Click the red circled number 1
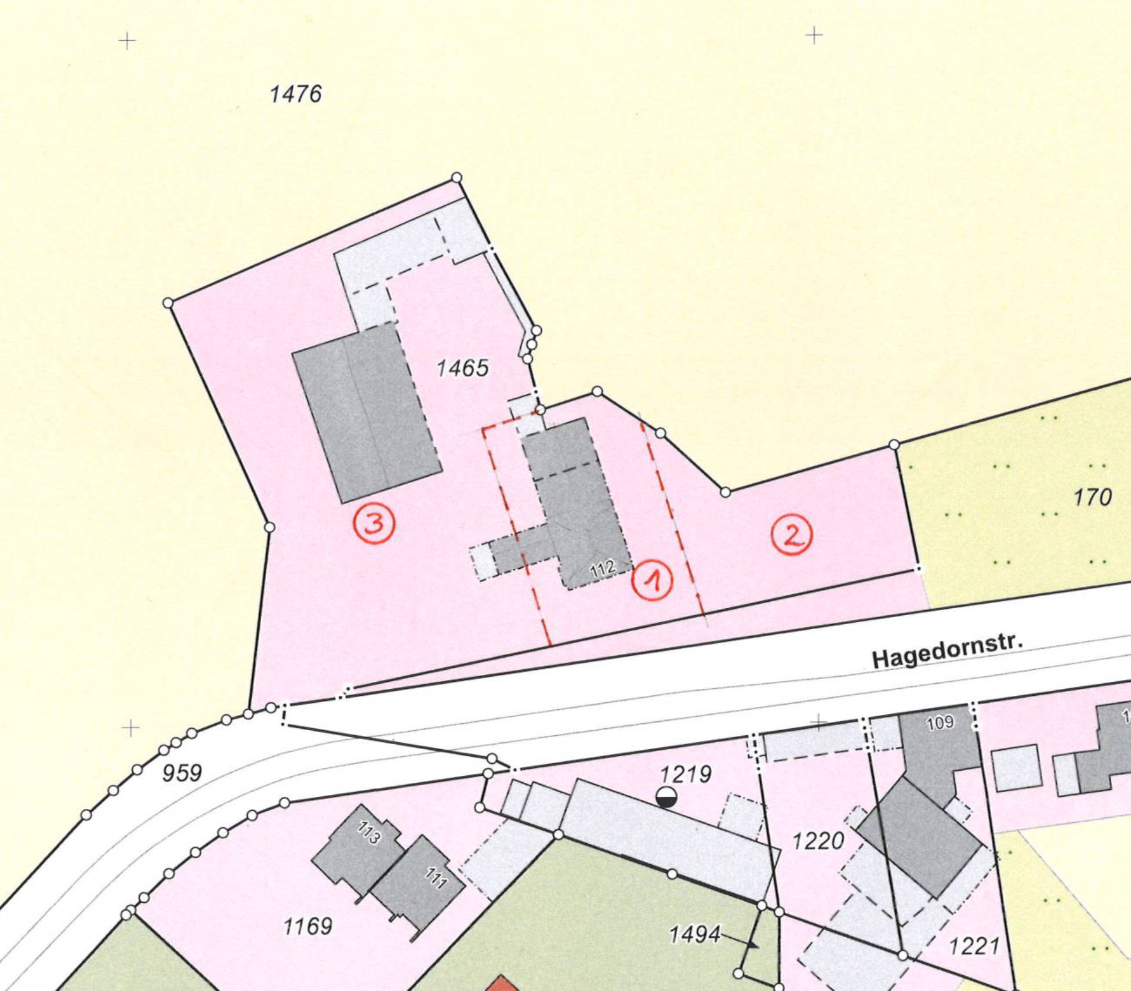click(x=652, y=580)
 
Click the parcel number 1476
click(x=296, y=94)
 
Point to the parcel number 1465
click(x=462, y=368)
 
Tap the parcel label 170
click(x=1092, y=497)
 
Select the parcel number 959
click(x=182, y=773)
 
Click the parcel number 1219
click(x=686, y=774)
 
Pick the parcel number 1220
click(x=818, y=840)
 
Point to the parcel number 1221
click(x=974, y=946)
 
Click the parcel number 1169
click(x=307, y=926)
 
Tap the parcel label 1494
click(x=694, y=934)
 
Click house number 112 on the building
click(x=603, y=569)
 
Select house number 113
click(x=369, y=833)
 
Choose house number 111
click(x=436, y=878)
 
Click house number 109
click(x=940, y=722)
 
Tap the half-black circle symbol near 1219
click(x=666, y=797)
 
